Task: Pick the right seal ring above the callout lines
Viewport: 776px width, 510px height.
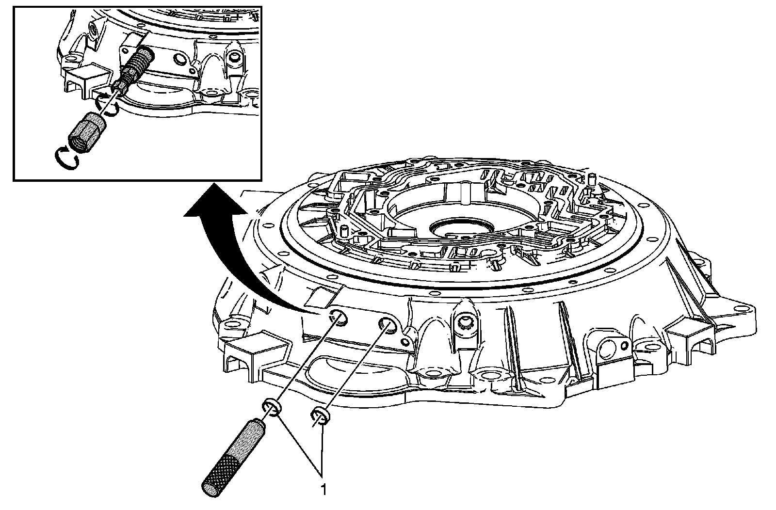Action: (x=320, y=415)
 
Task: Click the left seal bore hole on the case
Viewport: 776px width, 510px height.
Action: (x=337, y=318)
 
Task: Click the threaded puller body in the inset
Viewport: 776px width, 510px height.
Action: (x=137, y=65)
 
